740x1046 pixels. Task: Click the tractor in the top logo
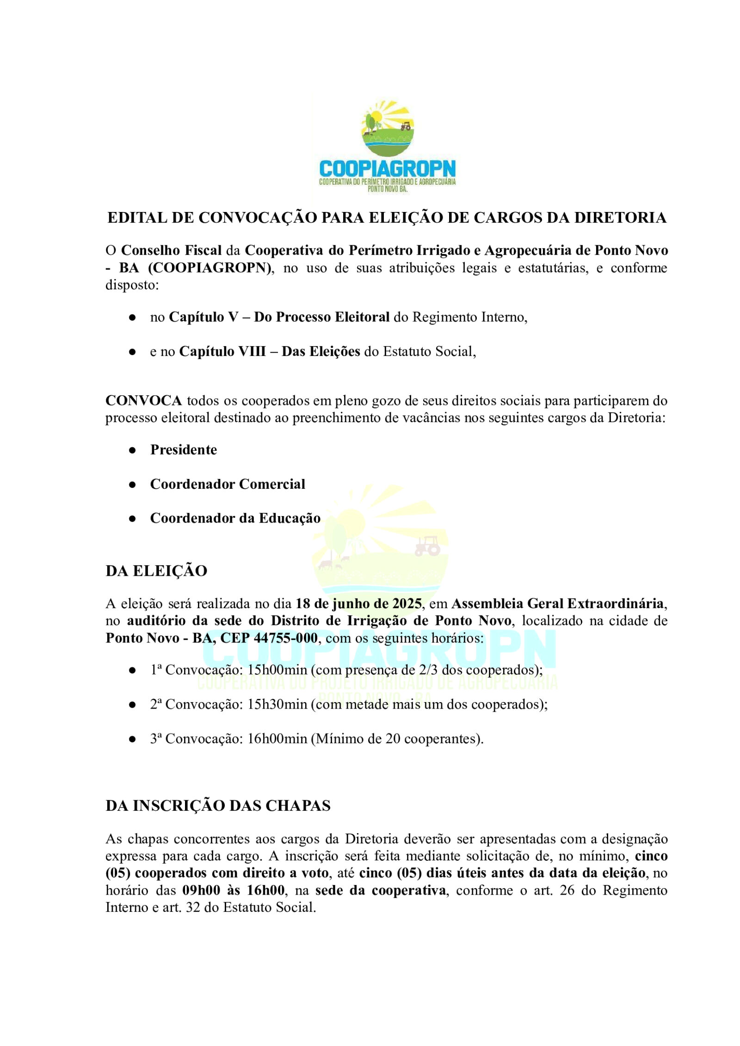pos(406,125)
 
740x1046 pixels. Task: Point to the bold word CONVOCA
pos(143,400)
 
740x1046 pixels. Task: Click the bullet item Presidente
pos(184,449)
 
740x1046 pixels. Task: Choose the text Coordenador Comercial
pos(228,484)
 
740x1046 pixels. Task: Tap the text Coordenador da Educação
pos(235,518)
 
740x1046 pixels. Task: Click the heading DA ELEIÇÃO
pos(156,571)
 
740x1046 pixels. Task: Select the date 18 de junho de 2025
pos(358,604)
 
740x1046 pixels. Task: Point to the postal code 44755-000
pos(286,638)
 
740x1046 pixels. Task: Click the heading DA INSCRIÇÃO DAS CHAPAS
pos(218,806)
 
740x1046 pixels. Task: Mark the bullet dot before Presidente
pos(132,450)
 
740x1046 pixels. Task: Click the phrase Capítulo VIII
pos(222,351)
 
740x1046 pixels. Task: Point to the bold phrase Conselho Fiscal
pos(171,250)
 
